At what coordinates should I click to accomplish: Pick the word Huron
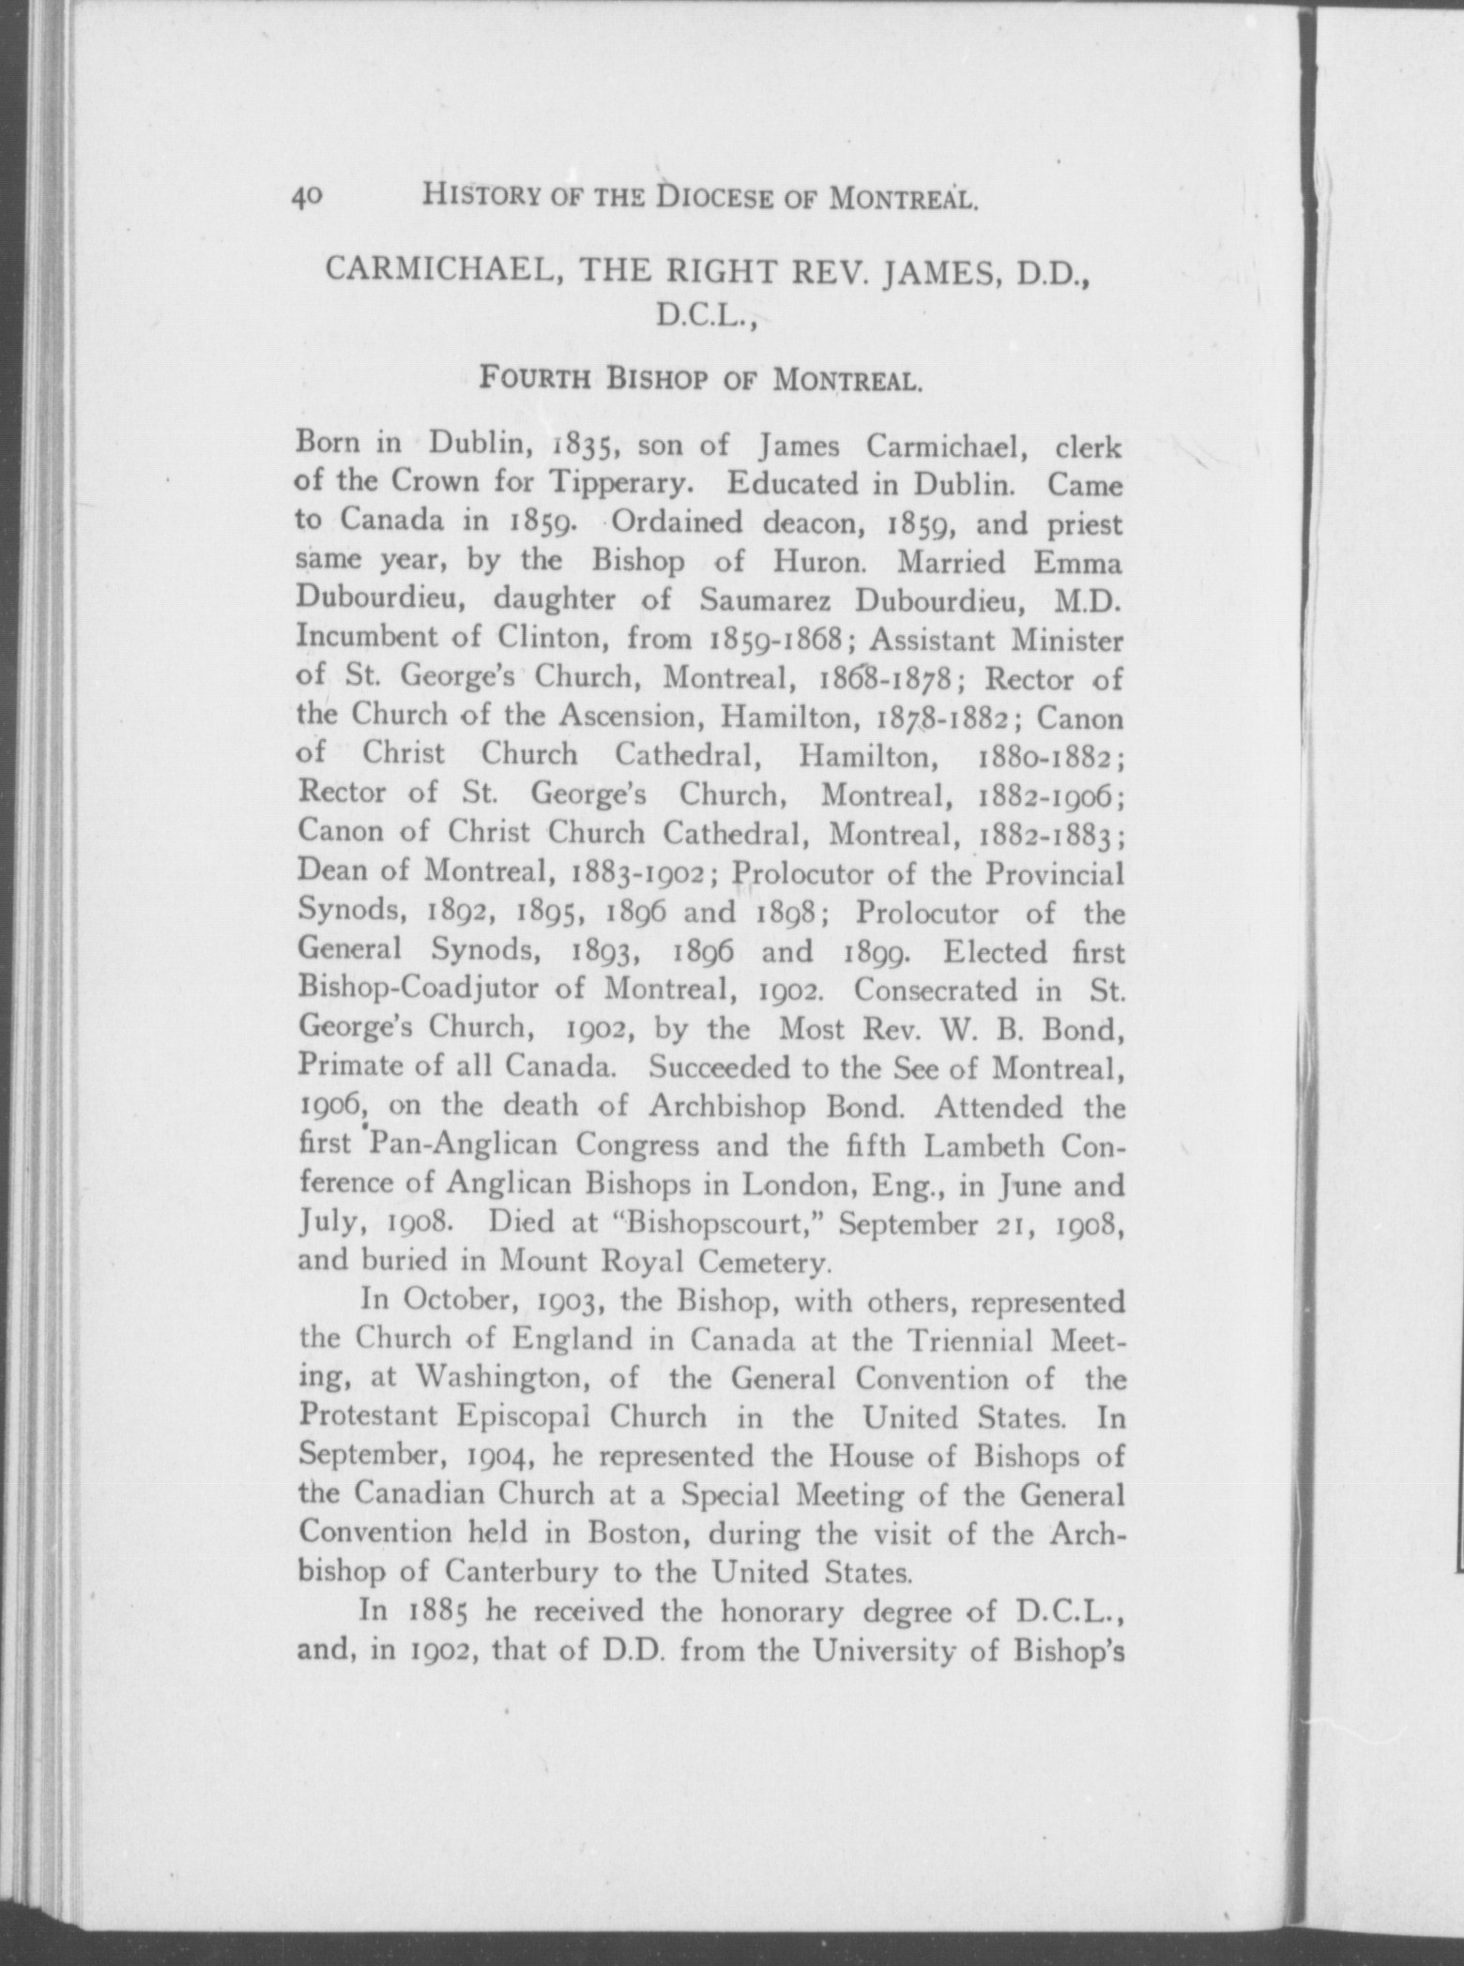[819, 562]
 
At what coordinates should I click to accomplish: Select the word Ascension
[631, 716]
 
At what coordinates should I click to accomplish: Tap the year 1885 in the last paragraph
[448, 1611]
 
